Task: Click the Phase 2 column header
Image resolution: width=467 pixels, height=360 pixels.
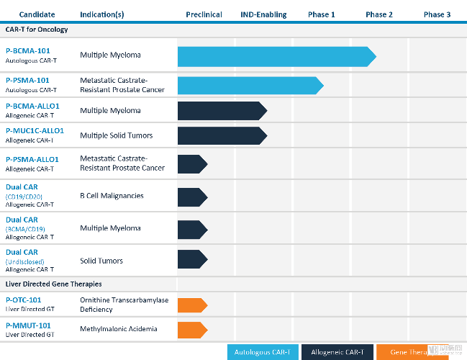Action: coord(379,14)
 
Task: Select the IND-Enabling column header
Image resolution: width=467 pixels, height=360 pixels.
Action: coord(263,14)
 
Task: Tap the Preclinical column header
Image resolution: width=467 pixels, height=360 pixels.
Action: coord(204,14)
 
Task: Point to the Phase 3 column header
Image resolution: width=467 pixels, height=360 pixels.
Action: coord(437,14)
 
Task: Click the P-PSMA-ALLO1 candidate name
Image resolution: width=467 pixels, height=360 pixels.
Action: coord(32,159)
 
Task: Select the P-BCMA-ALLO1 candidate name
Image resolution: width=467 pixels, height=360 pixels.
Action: coord(32,106)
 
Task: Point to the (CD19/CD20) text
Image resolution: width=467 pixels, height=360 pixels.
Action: coord(24,196)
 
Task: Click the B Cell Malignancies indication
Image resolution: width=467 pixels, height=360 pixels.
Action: coord(112,196)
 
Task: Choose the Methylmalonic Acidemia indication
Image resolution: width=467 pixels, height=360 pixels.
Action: coord(119,330)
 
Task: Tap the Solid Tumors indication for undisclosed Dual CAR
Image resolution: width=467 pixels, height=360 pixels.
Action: coord(101,261)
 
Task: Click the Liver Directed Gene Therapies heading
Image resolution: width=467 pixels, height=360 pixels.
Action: coord(54,284)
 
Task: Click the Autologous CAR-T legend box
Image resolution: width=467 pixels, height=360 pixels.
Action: coord(263,352)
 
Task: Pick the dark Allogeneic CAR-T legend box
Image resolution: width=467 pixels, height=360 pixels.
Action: coord(337,352)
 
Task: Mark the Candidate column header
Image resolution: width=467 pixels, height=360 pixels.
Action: coord(37,14)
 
